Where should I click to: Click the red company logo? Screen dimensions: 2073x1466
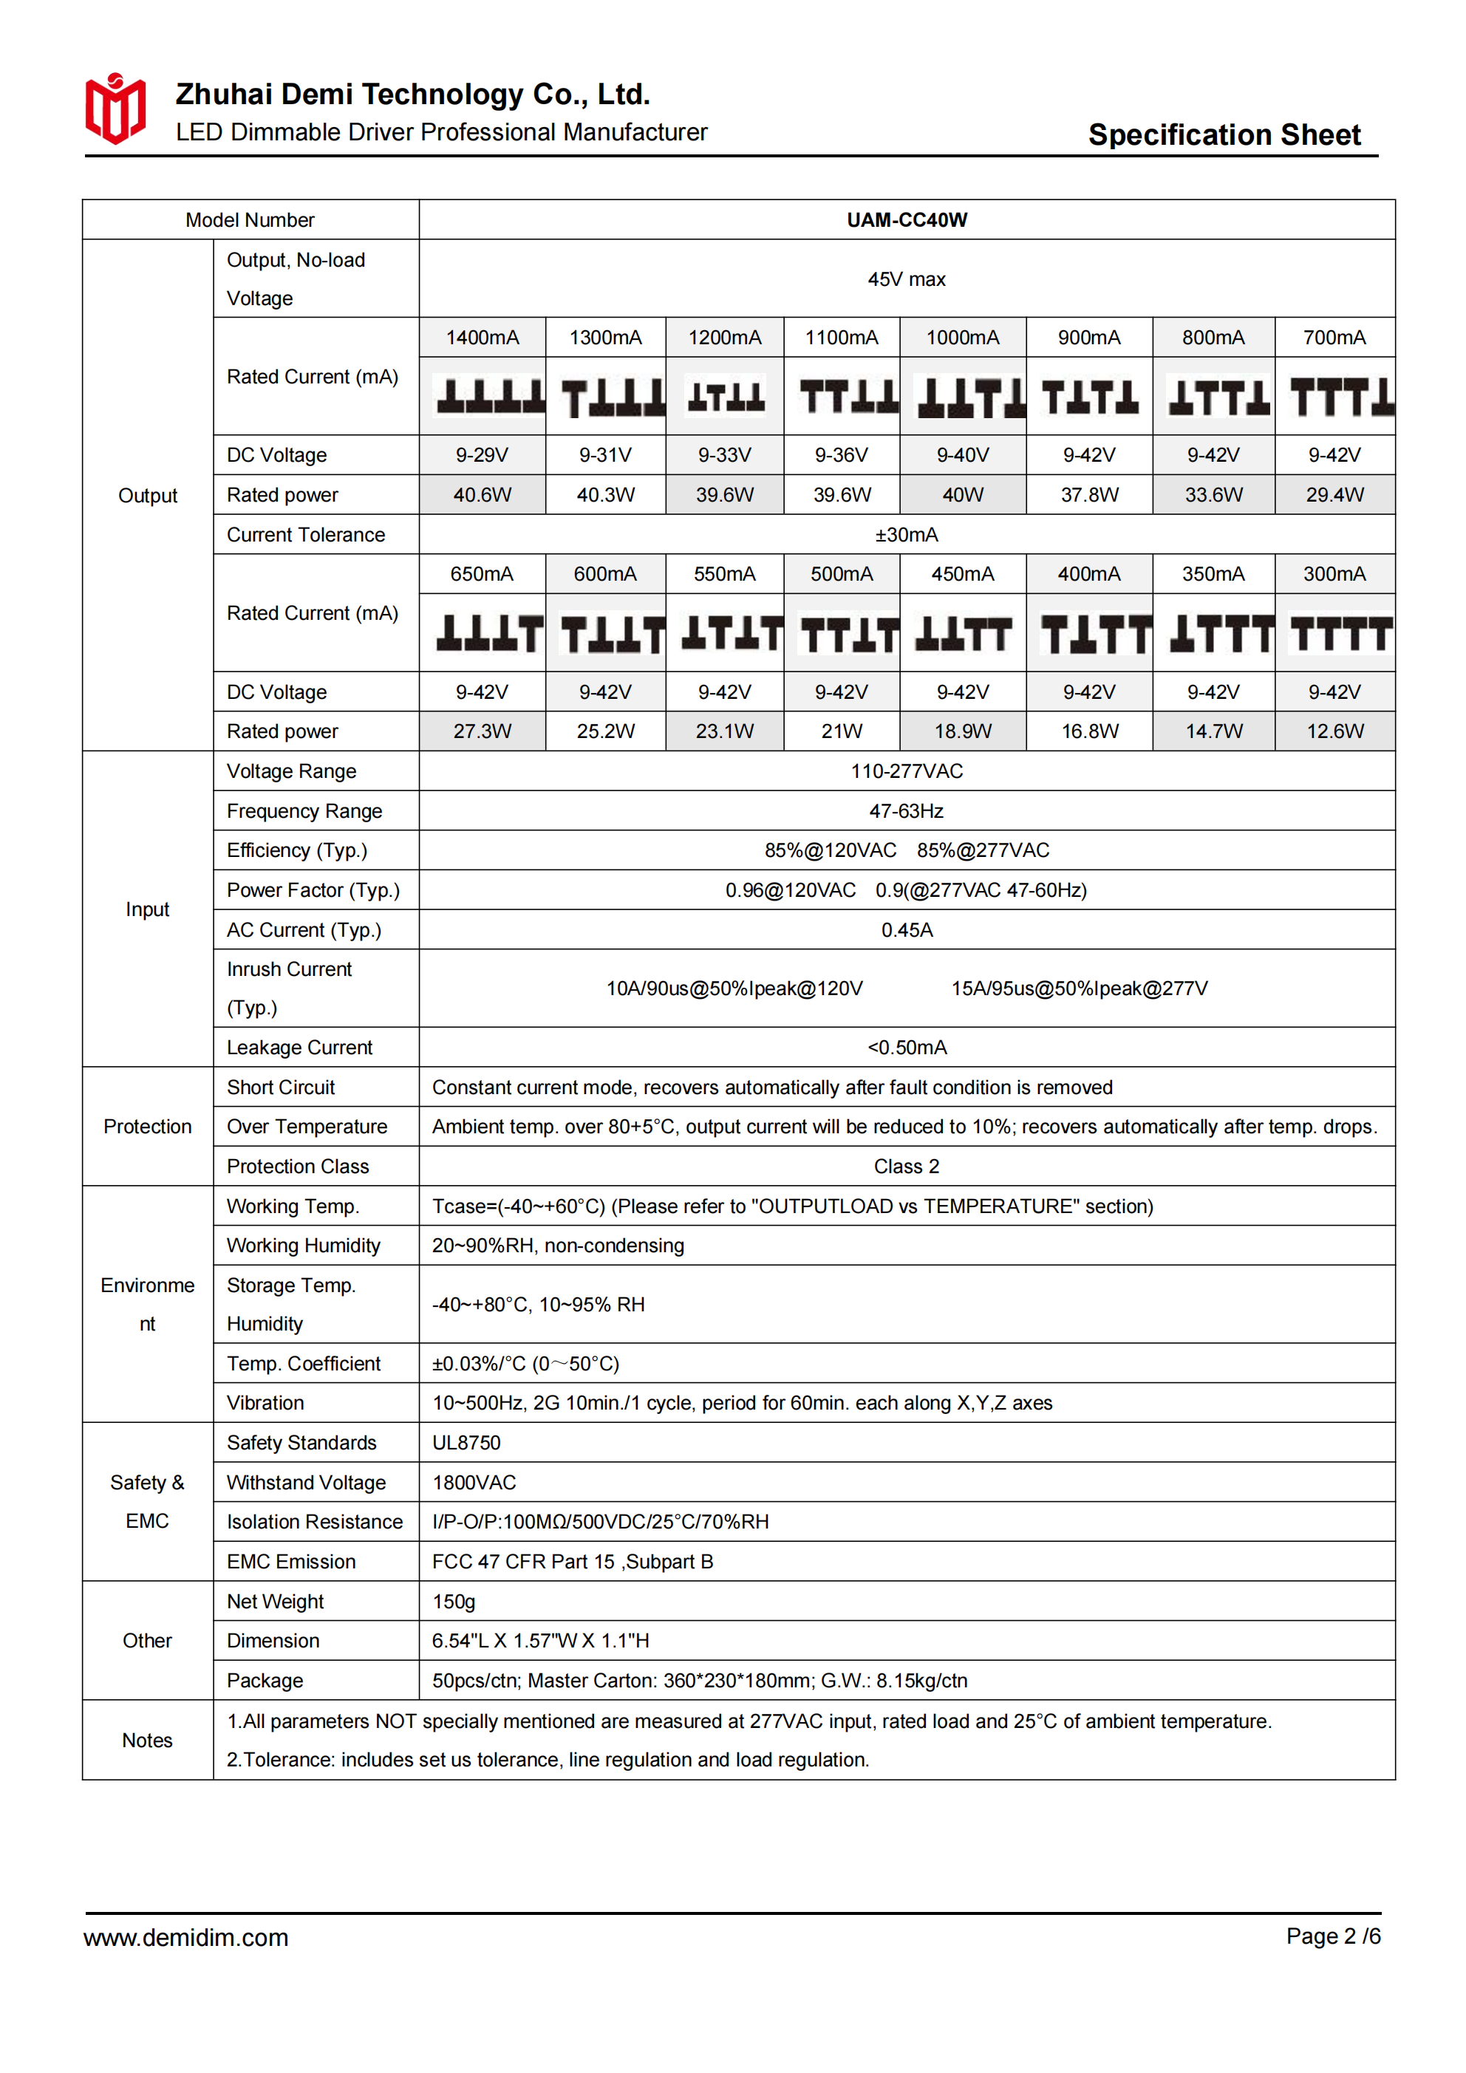tap(115, 109)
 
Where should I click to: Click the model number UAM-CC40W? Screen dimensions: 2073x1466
tap(906, 220)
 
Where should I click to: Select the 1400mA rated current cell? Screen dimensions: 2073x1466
tap(483, 338)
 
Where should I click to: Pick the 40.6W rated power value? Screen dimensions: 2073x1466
tap(483, 495)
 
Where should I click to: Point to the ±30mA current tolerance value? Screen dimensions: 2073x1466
tap(906, 534)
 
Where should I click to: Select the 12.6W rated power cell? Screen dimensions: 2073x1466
tap(1334, 731)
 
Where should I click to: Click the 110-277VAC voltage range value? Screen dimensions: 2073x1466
tap(906, 771)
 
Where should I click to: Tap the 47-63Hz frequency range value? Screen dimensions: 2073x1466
tap(906, 810)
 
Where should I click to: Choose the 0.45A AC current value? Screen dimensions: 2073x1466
tap(906, 930)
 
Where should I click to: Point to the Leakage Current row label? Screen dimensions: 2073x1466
tap(299, 1048)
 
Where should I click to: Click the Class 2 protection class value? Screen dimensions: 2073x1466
tap(906, 1167)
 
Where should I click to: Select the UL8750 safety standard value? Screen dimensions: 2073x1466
tap(466, 1443)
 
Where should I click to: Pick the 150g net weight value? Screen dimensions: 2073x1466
tap(454, 1602)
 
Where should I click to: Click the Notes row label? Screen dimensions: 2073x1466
tap(147, 1740)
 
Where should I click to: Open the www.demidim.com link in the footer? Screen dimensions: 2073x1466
tap(186, 1938)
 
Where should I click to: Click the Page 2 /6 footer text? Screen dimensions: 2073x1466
tap(1333, 1936)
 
